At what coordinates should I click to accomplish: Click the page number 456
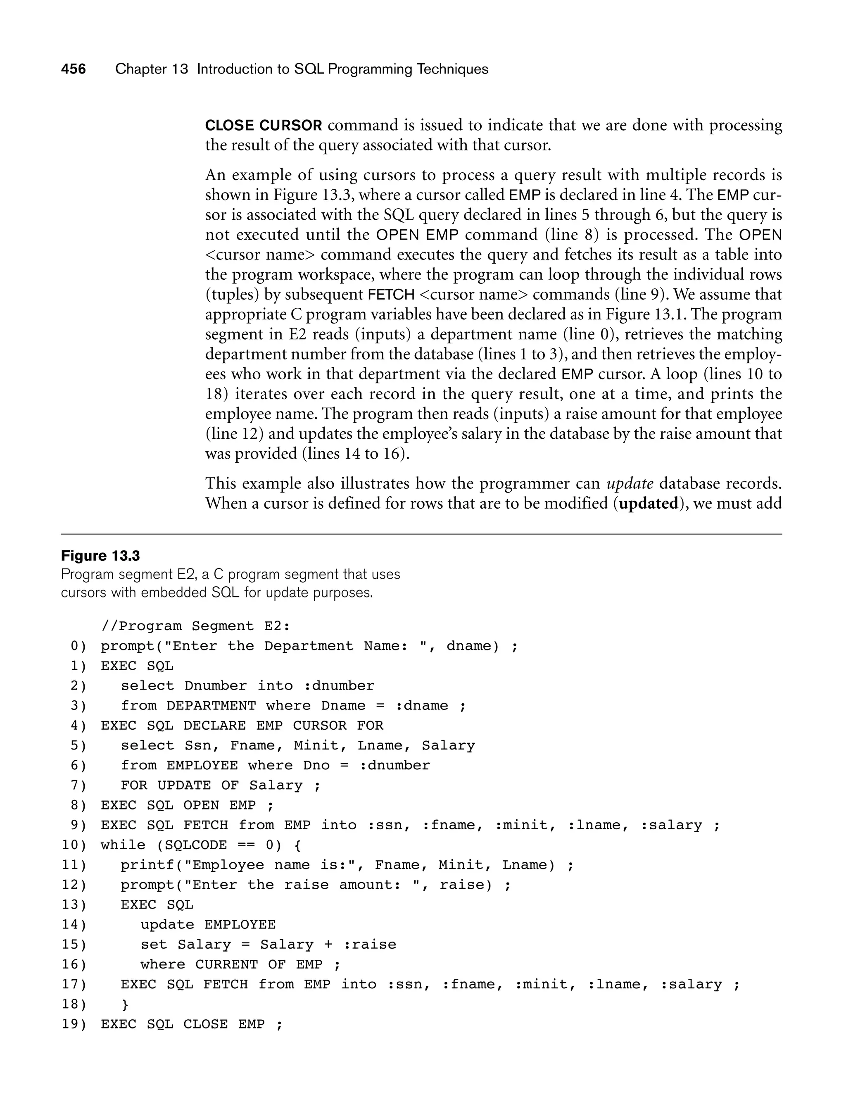tap(74, 69)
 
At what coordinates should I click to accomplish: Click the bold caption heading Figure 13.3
tap(100, 556)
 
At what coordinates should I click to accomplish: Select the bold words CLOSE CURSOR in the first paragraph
tap(264, 126)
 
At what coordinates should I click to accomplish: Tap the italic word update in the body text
tap(630, 483)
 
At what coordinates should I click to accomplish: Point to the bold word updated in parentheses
tap(649, 504)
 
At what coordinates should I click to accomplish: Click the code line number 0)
tap(78, 646)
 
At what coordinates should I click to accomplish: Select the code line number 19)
tap(74, 1024)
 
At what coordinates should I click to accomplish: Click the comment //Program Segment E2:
tap(195, 626)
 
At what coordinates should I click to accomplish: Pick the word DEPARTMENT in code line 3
tap(211, 706)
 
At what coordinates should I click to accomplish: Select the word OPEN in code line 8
tap(201, 805)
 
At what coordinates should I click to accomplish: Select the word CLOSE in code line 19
tap(205, 1024)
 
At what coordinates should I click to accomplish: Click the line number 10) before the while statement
tap(74, 845)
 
